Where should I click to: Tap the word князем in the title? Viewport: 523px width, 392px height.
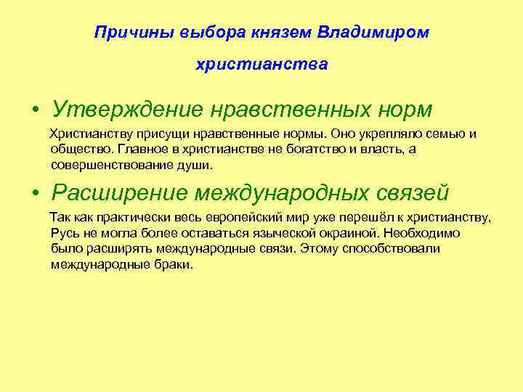click(x=283, y=33)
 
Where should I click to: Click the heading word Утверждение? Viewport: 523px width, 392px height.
click(x=126, y=110)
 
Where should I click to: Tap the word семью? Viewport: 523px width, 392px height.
click(x=445, y=134)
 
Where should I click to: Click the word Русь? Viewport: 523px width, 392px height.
click(x=65, y=234)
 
